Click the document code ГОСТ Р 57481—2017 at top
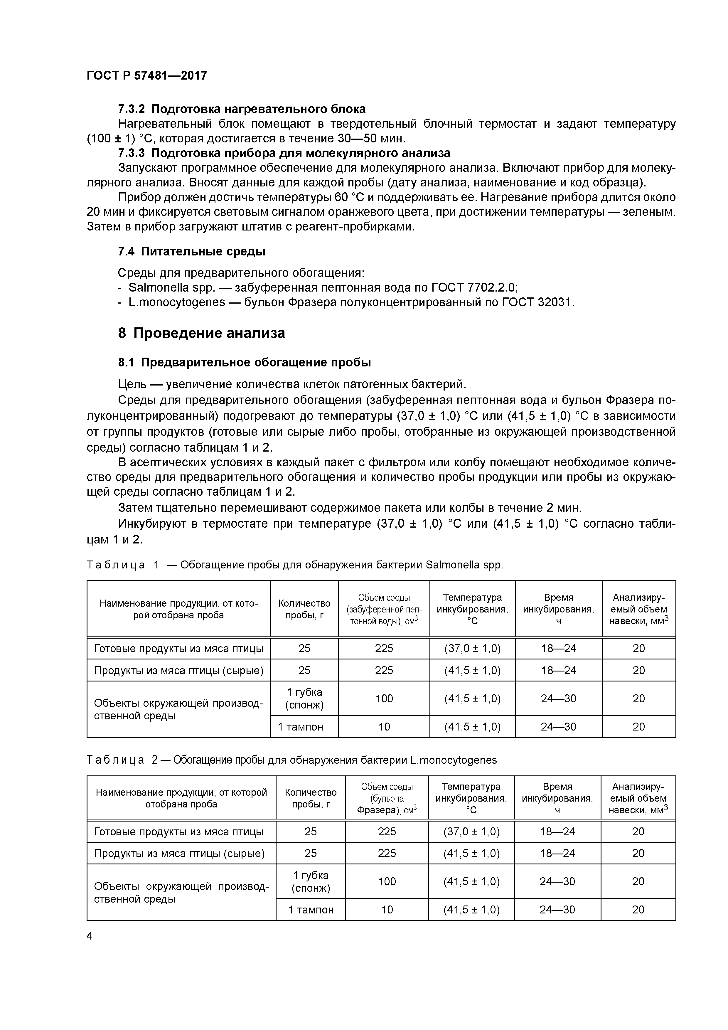[147, 75]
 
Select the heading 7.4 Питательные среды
[191, 252]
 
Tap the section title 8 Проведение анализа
[201, 333]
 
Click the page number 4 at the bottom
[90, 936]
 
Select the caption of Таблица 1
[295, 565]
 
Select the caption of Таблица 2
[291, 760]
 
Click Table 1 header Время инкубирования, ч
[558, 609]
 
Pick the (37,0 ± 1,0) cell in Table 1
[472, 648]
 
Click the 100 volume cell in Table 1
[384, 699]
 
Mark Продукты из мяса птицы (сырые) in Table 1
[178, 670]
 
